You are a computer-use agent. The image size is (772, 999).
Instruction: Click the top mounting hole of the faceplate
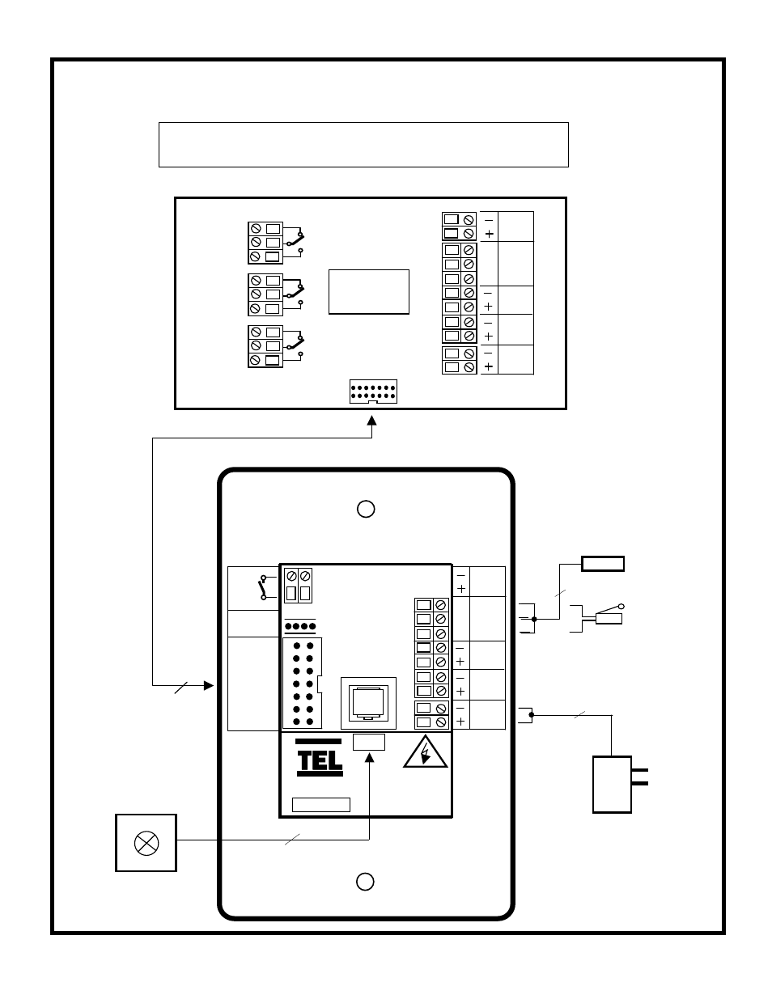click(366, 508)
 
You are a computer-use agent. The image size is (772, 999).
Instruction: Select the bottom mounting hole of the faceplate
click(366, 881)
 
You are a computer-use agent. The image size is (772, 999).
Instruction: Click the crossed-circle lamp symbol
click(146, 843)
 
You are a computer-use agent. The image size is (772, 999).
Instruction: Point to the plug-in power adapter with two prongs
click(613, 784)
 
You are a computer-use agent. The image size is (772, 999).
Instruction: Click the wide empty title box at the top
click(363, 145)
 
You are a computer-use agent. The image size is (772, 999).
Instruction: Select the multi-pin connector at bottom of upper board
click(372, 392)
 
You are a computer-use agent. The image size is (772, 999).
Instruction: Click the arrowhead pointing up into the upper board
click(372, 421)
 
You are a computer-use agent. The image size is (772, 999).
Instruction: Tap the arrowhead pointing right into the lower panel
click(208, 685)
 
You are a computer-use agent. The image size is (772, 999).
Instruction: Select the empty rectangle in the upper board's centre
click(368, 291)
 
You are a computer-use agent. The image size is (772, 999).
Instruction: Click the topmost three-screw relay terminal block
click(265, 243)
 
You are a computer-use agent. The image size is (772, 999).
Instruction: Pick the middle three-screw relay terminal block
click(265, 294)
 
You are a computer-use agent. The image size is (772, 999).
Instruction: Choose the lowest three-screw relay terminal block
click(265, 346)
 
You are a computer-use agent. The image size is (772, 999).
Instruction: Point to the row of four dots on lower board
click(300, 626)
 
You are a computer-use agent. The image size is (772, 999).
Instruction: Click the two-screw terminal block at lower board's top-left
click(298, 586)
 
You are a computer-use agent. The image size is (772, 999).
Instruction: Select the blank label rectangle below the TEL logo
click(320, 804)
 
